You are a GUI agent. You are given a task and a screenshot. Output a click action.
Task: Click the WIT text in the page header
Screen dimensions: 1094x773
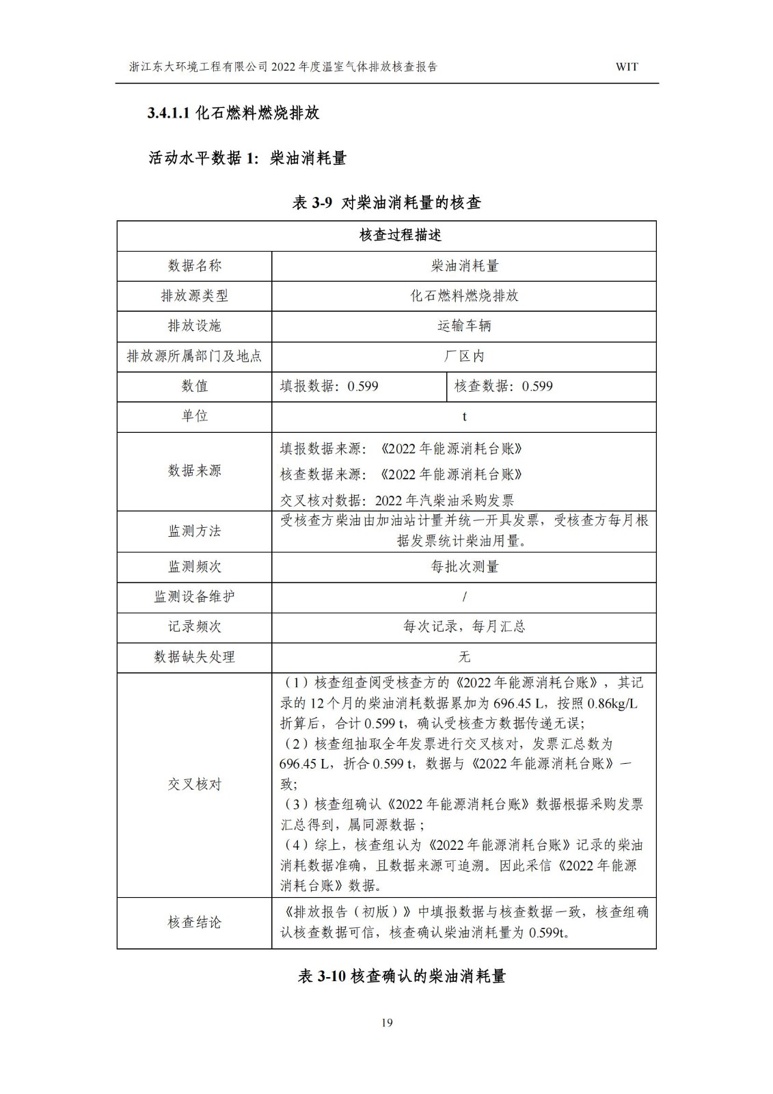(626, 67)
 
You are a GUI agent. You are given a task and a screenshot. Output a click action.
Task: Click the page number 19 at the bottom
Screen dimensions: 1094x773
(387, 1023)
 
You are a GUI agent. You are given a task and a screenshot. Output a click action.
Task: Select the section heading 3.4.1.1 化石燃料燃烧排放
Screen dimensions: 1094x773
(234, 114)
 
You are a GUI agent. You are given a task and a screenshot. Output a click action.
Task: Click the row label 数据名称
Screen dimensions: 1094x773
(195, 265)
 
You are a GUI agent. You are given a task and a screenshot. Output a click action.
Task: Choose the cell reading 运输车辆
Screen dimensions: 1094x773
(464, 325)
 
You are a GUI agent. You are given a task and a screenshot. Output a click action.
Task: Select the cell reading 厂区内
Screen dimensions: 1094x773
(464, 356)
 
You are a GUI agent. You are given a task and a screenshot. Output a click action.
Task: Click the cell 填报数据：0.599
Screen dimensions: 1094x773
(329, 386)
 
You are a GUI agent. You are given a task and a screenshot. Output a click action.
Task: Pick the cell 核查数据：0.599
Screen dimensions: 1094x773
(504, 386)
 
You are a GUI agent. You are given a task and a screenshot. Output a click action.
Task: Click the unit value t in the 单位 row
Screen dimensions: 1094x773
(464, 416)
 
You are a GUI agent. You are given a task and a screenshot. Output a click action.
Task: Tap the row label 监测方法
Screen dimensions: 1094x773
(195, 531)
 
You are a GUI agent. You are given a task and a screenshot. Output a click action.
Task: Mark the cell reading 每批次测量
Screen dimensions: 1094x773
(464, 566)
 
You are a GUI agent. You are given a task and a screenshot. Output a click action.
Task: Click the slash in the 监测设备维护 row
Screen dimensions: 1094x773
(464, 596)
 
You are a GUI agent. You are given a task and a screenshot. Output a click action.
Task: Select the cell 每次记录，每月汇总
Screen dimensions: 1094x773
(464, 626)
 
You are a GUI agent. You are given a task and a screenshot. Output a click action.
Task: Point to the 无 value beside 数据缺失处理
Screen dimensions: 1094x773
(464, 656)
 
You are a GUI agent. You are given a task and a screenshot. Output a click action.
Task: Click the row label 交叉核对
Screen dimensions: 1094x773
(195, 784)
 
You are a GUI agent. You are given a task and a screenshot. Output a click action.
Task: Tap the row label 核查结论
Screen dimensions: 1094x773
(195, 922)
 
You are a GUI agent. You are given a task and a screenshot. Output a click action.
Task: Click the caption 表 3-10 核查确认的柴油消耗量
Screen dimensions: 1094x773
(402, 976)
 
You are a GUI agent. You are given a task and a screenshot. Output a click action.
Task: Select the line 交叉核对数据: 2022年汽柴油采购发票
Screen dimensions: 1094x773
(397, 500)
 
